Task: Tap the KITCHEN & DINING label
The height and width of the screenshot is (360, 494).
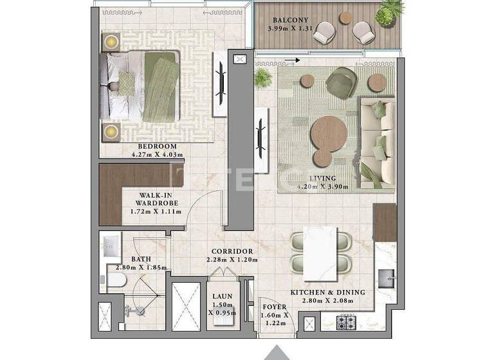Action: pyautogui.click(x=327, y=292)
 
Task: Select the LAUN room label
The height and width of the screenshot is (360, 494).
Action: pyautogui.click(x=223, y=296)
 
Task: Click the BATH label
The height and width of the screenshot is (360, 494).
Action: pyautogui.click(x=141, y=259)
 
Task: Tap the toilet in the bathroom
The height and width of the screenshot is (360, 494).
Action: pyautogui.click(x=116, y=279)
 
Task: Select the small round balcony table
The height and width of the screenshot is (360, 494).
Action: pyautogui.click(x=346, y=18)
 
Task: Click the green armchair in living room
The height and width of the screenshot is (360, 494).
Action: pyautogui.click(x=338, y=83)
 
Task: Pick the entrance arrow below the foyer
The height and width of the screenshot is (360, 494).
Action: pyautogui.click(x=277, y=352)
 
